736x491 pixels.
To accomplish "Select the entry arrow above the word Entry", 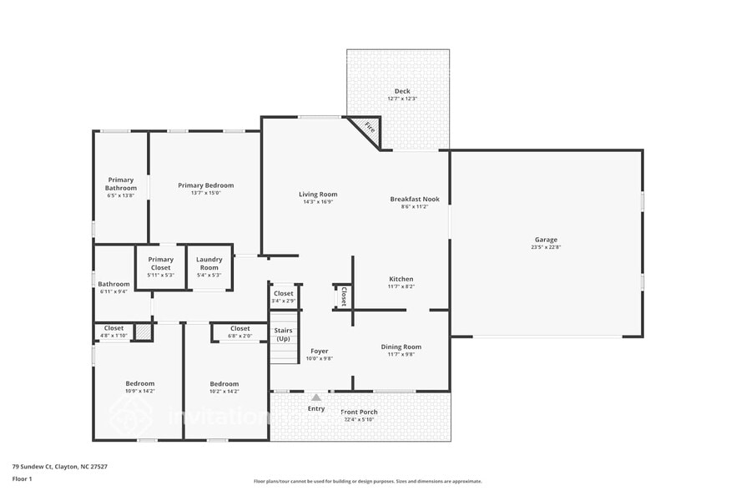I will pos(316,398).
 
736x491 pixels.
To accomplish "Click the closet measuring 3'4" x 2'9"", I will pos(284,296).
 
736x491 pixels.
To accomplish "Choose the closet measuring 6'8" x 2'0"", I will pos(239,332).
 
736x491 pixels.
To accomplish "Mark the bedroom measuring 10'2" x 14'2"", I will pos(224,387).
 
